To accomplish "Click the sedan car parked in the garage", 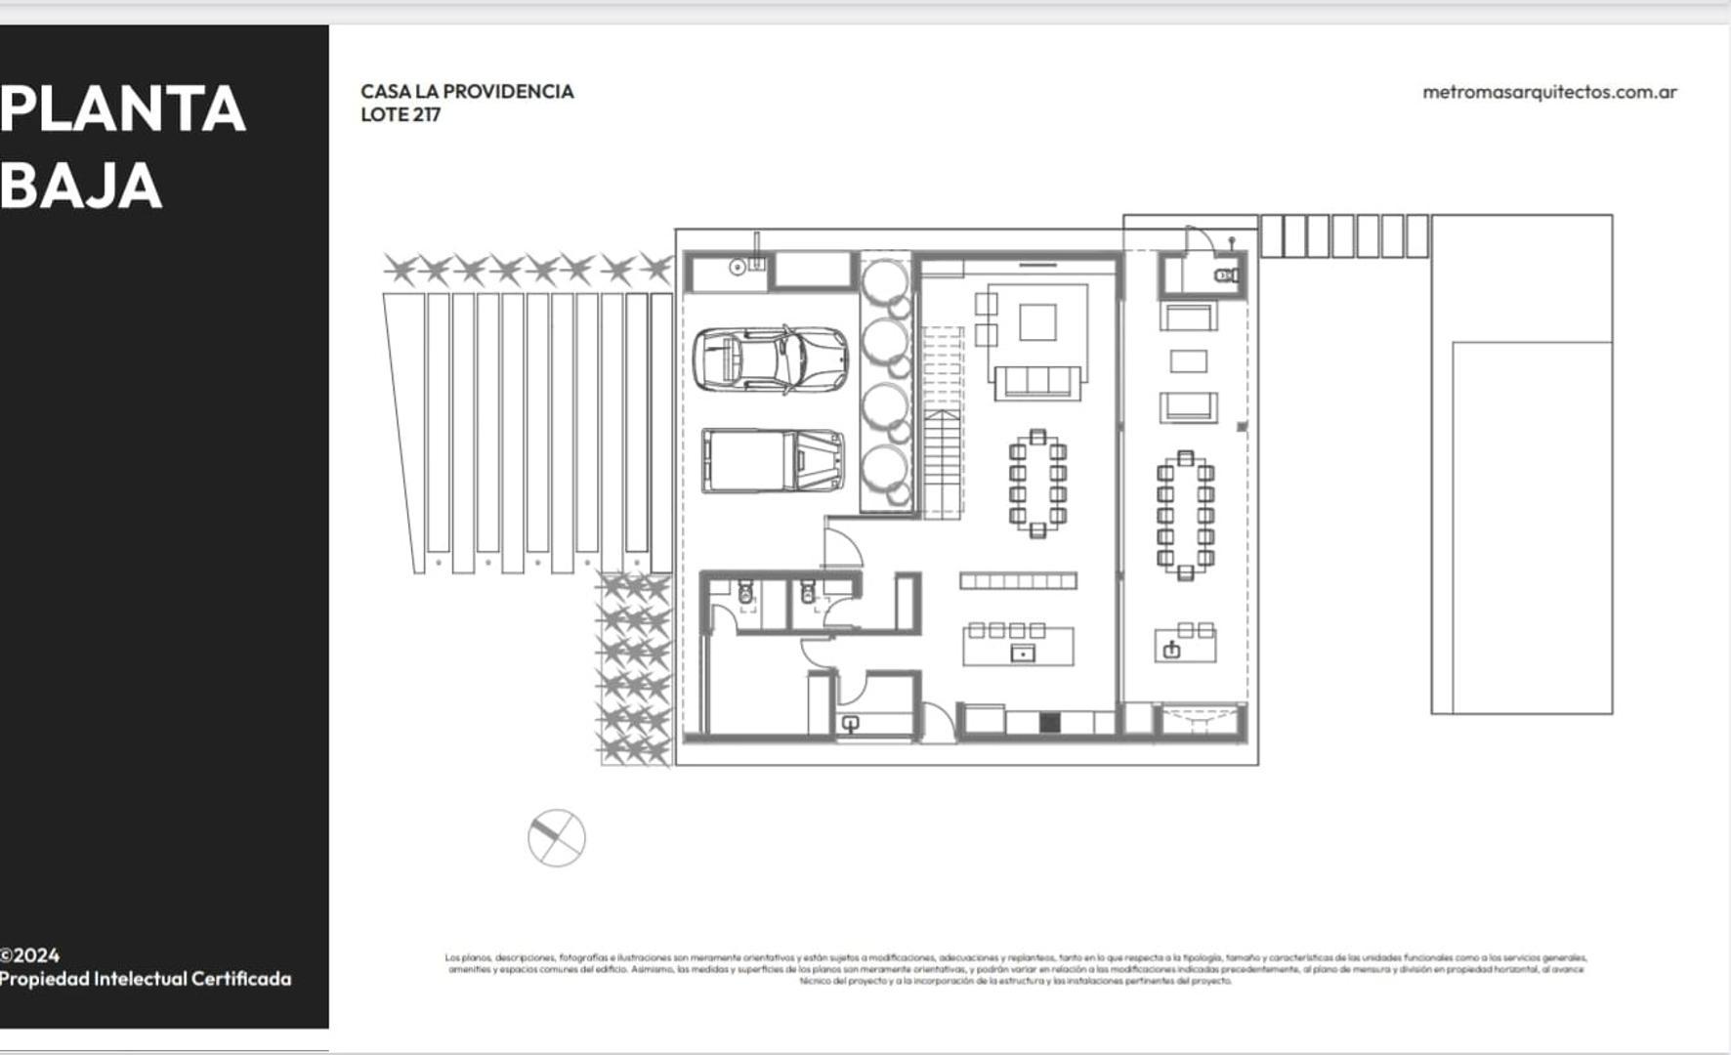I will click(x=771, y=359).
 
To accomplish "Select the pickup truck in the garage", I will click(x=772, y=460).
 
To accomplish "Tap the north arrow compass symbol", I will click(x=557, y=838).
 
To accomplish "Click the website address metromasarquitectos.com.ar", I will click(x=1549, y=92).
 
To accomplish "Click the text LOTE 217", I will click(x=401, y=114).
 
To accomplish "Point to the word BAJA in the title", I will click(x=81, y=186).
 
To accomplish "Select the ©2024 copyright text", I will click(x=30, y=955).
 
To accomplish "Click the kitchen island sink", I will click(x=1022, y=654).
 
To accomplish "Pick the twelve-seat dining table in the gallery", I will click(x=1185, y=515).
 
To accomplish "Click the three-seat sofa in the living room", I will click(x=1037, y=381).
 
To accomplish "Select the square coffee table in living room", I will click(x=1037, y=321).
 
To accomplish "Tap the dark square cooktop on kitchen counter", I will click(x=1049, y=723).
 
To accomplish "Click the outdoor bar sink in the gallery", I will click(x=1172, y=650).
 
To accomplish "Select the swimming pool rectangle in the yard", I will click(x=1531, y=527).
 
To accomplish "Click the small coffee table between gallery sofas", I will click(x=1188, y=361).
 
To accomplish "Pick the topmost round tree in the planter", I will click(x=885, y=280).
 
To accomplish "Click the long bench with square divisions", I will click(x=1018, y=581).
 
